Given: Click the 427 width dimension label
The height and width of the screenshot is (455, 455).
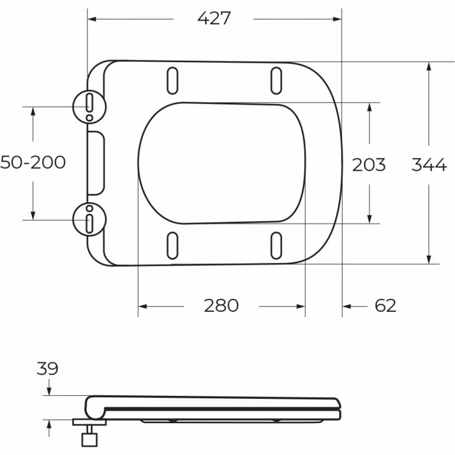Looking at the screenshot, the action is (x=214, y=18).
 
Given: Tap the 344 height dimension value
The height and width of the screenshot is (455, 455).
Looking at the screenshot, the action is (x=429, y=164).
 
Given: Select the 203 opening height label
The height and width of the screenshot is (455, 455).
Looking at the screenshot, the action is (x=369, y=164).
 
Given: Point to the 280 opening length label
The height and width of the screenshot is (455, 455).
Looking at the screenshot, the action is (x=221, y=305).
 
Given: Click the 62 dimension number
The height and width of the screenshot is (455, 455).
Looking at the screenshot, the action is (x=385, y=305).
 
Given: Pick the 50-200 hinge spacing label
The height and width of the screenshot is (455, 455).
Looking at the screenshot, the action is (x=33, y=162).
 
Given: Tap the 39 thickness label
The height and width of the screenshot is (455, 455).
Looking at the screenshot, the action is (x=48, y=369).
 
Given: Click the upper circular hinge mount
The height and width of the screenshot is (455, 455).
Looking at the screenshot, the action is (x=89, y=107).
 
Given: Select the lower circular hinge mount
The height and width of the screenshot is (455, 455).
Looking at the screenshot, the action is (x=89, y=219).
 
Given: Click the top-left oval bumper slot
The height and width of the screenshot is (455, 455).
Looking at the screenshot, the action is (x=172, y=81).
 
